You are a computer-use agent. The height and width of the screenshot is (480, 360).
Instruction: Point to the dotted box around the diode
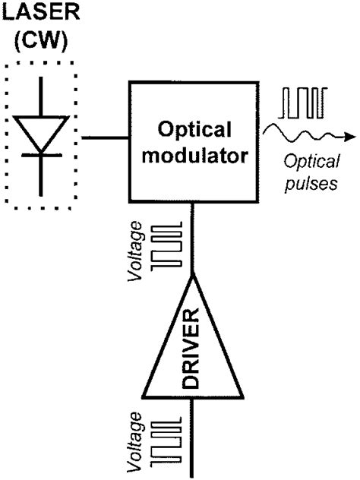coord(7,137)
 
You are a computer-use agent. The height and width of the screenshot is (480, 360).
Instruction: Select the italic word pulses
coord(310,185)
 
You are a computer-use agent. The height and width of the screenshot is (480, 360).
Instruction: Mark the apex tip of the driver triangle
coord(194,276)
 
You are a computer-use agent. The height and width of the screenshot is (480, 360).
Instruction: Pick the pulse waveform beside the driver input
coord(168,440)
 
